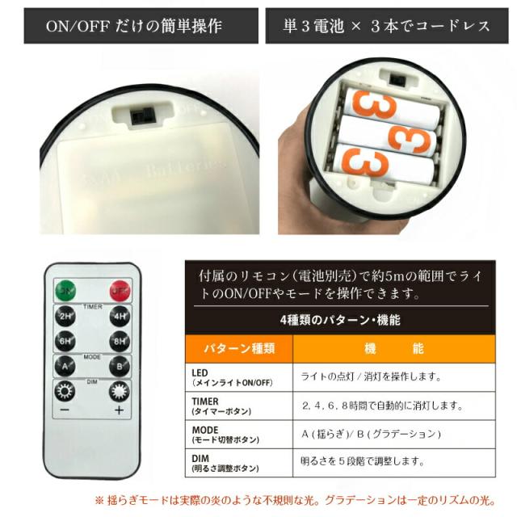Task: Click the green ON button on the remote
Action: [65, 291]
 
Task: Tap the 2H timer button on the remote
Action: [65, 316]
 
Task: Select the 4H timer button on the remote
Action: [120, 316]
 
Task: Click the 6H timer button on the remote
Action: [65, 341]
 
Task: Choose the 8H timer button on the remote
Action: [120, 341]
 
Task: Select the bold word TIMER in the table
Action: [206, 401]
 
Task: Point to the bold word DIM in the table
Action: [200, 458]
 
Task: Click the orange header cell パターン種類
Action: [238, 348]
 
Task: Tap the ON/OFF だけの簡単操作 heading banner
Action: [134, 27]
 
